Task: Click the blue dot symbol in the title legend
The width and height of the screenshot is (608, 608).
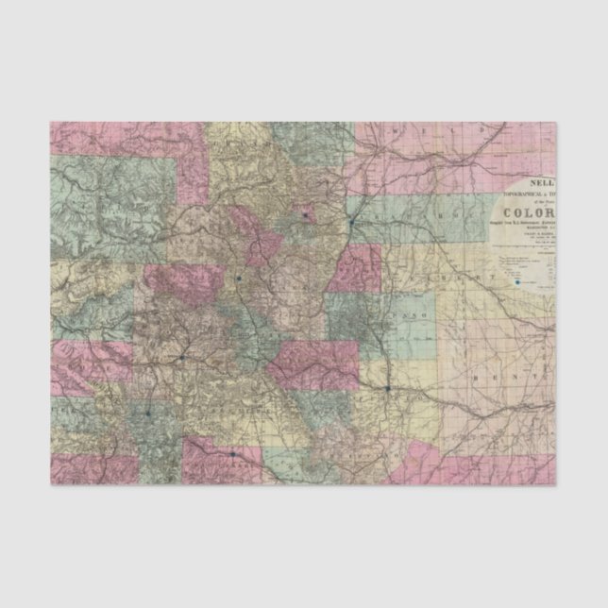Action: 516,280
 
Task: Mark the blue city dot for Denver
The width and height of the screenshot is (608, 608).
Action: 351,222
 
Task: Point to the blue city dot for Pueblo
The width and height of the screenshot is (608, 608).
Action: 388,387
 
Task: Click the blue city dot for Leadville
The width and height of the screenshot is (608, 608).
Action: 240,279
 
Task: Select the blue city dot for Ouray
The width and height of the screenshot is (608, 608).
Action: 121,413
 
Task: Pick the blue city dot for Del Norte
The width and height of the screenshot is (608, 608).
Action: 231,455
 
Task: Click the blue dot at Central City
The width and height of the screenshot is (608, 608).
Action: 306,216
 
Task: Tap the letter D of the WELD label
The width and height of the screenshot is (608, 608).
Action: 481,127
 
